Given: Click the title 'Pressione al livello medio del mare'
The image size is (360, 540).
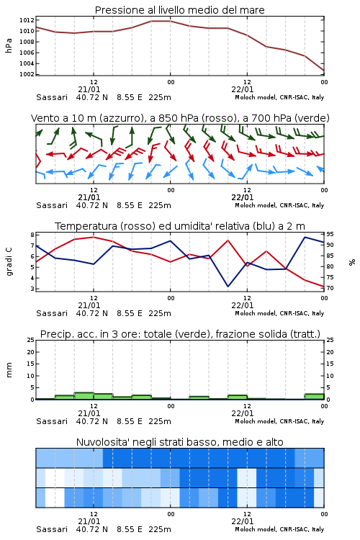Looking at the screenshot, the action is [x=179, y=10].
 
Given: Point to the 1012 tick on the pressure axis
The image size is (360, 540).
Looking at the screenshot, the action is [x=27, y=20].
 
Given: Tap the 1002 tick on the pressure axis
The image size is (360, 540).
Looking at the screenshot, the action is [x=27, y=74].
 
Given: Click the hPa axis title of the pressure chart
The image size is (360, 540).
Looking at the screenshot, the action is [x=9, y=45].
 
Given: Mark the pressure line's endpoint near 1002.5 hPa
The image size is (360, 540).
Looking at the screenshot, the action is [x=324, y=71].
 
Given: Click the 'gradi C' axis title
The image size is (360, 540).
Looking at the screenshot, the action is [x=9, y=261].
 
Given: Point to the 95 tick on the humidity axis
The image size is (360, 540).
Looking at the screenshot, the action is [x=330, y=234].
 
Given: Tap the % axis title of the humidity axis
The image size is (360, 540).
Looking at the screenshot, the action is [x=352, y=262].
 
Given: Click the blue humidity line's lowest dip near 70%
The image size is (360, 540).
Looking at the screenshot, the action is [x=228, y=286].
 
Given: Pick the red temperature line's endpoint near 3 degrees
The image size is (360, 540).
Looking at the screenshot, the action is [x=324, y=286].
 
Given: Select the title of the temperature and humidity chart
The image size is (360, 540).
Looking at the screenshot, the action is [x=180, y=226].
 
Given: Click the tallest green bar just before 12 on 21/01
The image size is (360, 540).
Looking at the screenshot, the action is [x=84, y=396].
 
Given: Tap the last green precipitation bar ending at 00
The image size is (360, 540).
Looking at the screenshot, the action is [x=314, y=397].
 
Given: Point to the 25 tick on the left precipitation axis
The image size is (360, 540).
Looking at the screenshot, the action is [x=31, y=340].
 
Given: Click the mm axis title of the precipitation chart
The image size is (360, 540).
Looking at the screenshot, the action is [x=9, y=370].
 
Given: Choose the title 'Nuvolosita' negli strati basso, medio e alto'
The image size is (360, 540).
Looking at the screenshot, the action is [x=180, y=442].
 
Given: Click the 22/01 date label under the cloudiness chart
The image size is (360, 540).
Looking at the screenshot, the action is [x=243, y=521].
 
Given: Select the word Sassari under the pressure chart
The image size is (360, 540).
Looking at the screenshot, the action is [x=52, y=97].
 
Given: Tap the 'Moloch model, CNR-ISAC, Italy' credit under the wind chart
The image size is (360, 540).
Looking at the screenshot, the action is [x=279, y=205].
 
